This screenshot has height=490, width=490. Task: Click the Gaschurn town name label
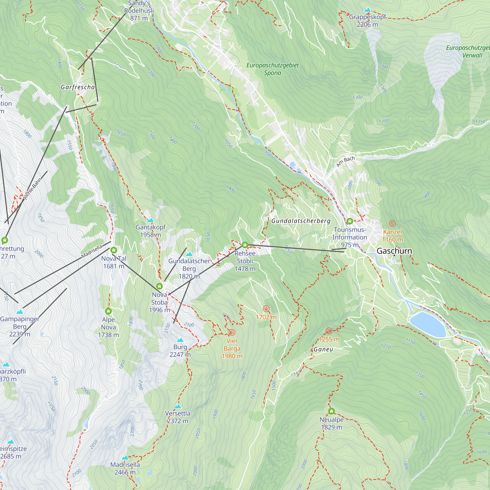pyautogui.click(x=394, y=251)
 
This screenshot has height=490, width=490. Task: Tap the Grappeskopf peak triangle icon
pyautogui.click(x=367, y=10)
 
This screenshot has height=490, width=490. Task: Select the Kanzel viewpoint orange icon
pyautogui.click(x=392, y=223)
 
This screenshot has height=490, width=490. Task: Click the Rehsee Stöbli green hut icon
pyautogui.click(x=245, y=245)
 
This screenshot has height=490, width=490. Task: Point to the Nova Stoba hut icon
pyautogui.click(x=159, y=286)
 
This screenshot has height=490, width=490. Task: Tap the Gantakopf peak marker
pyautogui.click(x=151, y=220)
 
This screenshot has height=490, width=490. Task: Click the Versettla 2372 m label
pyautogui.click(x=178, y=417)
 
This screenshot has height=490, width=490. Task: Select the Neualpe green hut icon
pyautogui.click(x=331, y=411)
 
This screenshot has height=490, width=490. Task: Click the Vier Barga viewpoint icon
pyautogui.click(x=232, y=332)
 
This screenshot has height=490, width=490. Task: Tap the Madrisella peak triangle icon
pyautogui.click(x=125, y=457)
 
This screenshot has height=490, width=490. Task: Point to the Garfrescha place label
pyautogui.click(x=78, y=87)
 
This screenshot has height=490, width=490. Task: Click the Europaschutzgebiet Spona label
pyautogui.click(x=272, y=69)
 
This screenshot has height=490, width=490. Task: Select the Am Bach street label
pyautogui.click(x=345, y=161)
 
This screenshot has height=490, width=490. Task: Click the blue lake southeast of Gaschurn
pyautogui.click(x=428, y=324)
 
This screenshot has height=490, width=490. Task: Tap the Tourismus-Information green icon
pyautogui.click(x=350, y=221)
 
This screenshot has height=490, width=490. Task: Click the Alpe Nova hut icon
pyautogui.click(x=108, y=311)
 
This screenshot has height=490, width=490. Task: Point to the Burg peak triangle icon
pyautogui.click(x=180, y=340)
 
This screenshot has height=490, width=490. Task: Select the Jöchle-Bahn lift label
pyautogui.click(x=32, y=189)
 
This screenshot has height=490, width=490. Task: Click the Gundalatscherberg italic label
pyautogui.click(x=301, y=221)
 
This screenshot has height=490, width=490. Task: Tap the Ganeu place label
pyautogui.click(x=323, y=350)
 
